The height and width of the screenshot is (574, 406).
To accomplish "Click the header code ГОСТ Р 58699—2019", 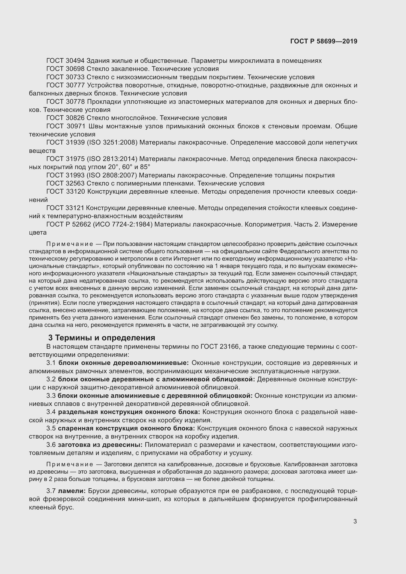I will coord(324,41).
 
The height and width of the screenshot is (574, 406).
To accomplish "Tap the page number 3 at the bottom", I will coord(355,521).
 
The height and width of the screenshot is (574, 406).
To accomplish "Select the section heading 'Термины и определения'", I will coord(105,338).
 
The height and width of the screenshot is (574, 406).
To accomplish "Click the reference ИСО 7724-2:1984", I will coord(123,225).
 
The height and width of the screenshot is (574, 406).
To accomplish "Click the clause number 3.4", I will coord(51,412).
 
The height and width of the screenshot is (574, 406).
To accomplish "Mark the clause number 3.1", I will coord(51,363).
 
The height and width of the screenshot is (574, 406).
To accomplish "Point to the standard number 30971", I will coord(76,126).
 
